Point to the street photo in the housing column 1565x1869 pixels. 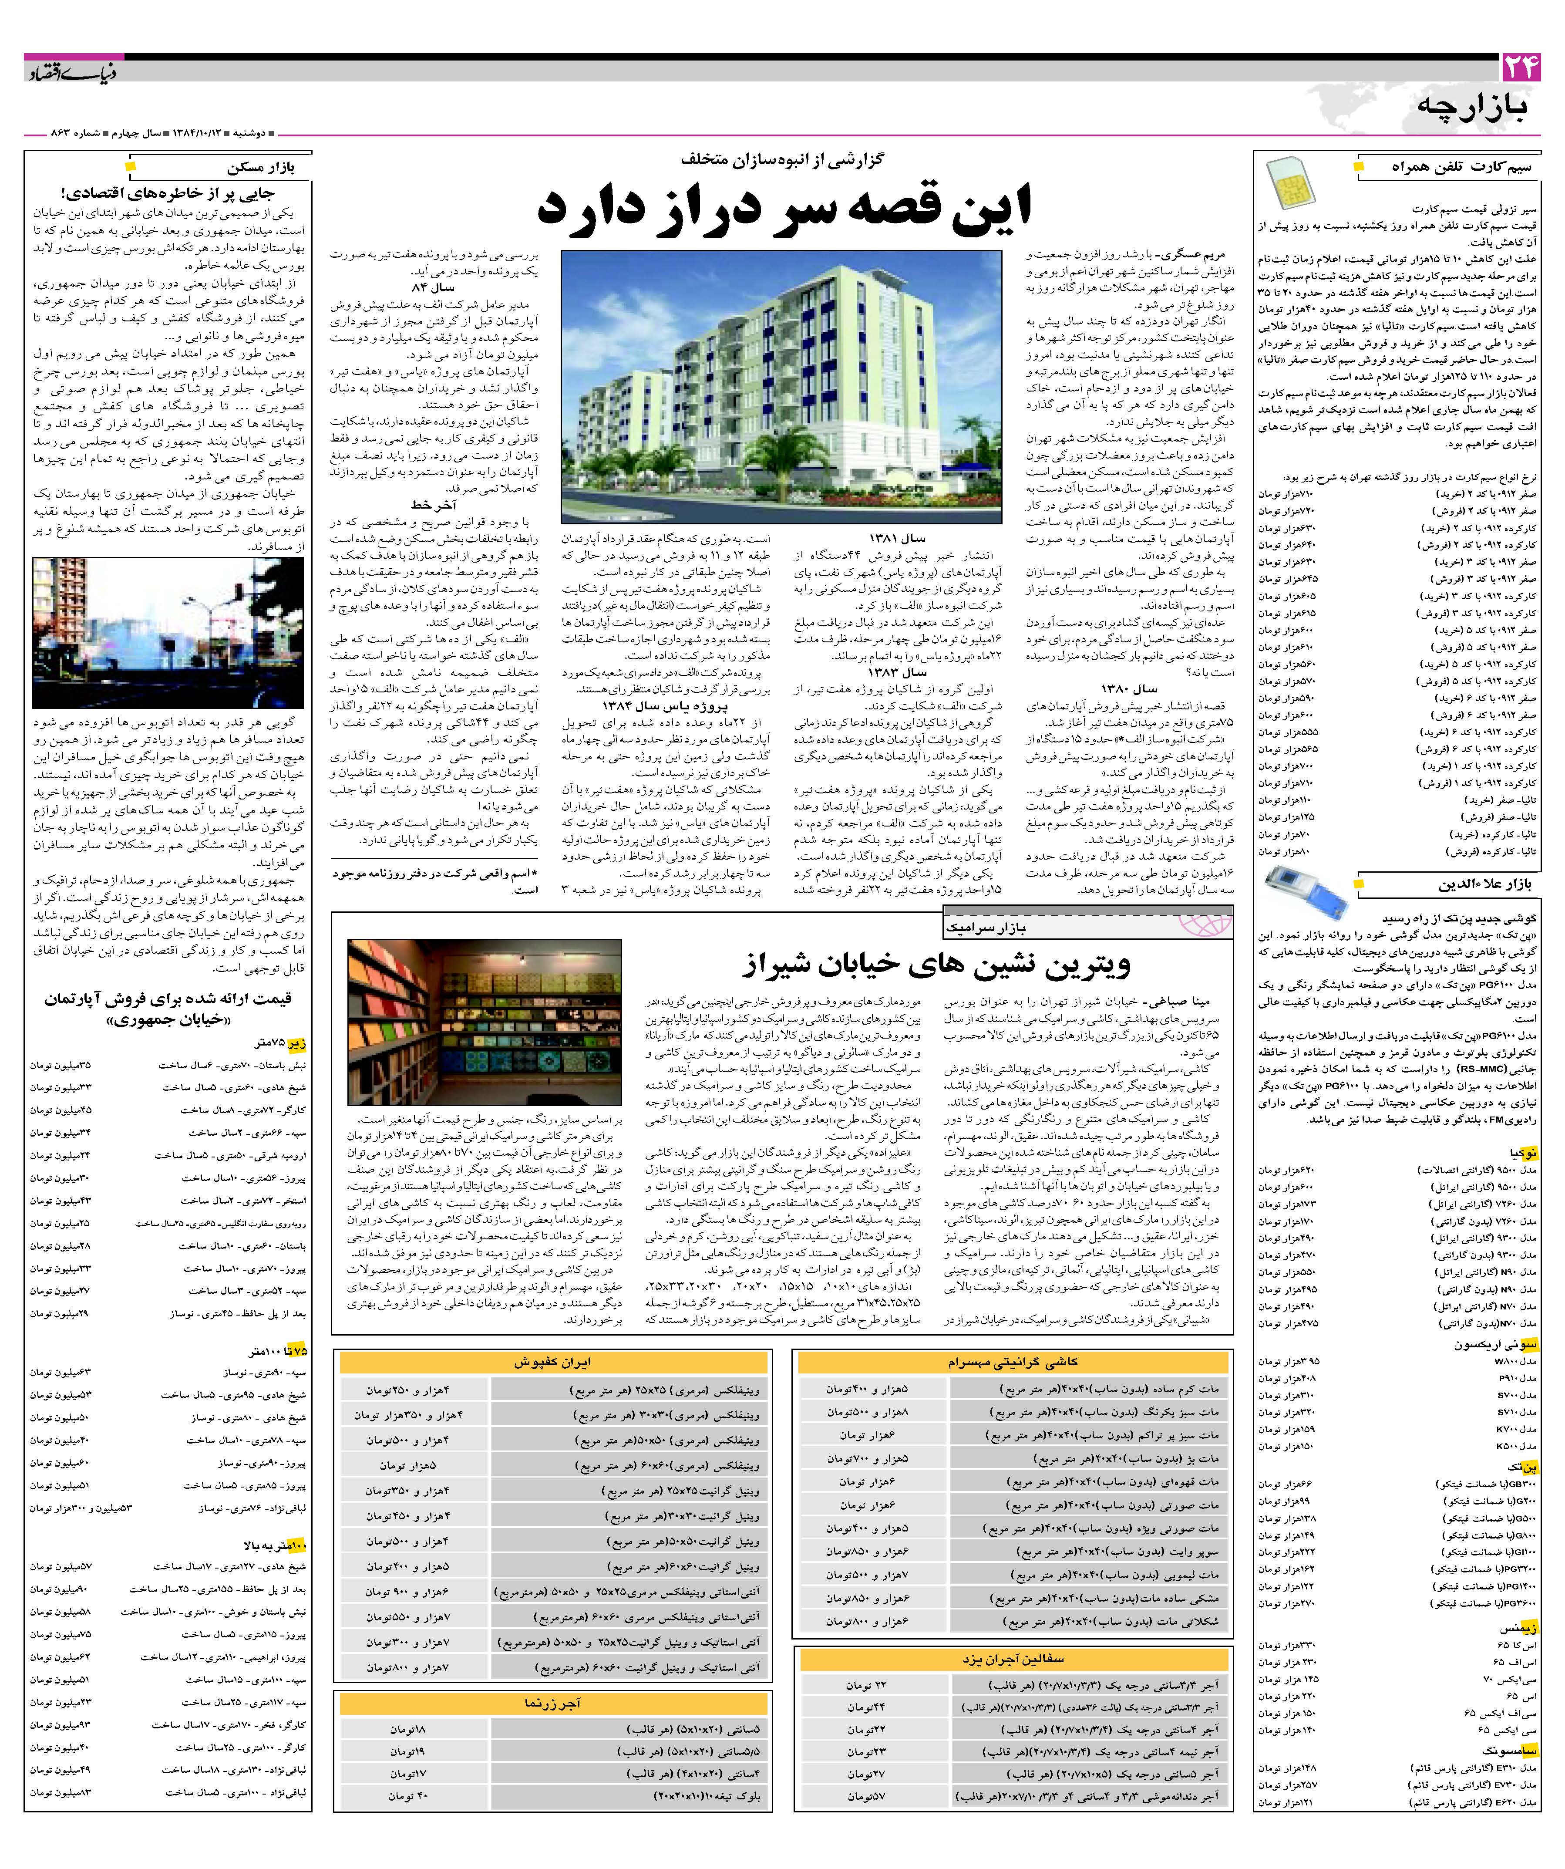click(168, 633)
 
